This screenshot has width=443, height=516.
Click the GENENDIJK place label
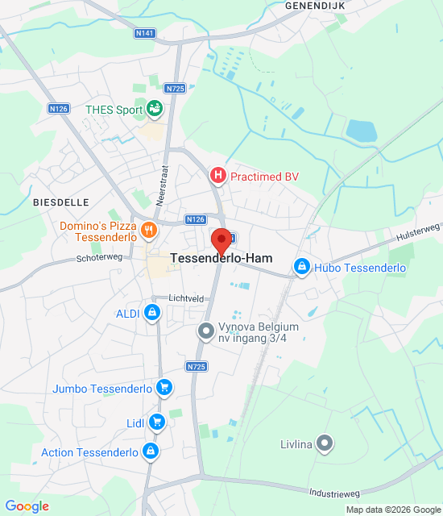tap(314, 5)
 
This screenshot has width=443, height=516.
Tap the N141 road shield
tap(145, 33)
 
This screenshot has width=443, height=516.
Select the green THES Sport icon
tap(155, 109)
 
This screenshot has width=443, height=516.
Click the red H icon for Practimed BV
tap(217, 175)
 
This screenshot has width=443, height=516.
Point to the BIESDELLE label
tap(60, 202)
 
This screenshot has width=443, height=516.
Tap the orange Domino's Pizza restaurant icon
tap(148, 231)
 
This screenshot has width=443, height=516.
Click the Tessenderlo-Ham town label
tap(221, 259)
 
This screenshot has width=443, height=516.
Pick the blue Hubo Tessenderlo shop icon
tap(302, 267)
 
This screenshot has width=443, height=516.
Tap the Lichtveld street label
tap(186, 298)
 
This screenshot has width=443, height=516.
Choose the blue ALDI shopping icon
tap(151, 313)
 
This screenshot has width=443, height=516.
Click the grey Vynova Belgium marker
tap(206, 331)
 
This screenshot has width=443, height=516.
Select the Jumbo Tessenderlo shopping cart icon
tap(164, 388)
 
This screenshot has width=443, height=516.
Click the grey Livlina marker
tap(325, 442)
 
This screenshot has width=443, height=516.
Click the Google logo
tap(27, 506)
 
